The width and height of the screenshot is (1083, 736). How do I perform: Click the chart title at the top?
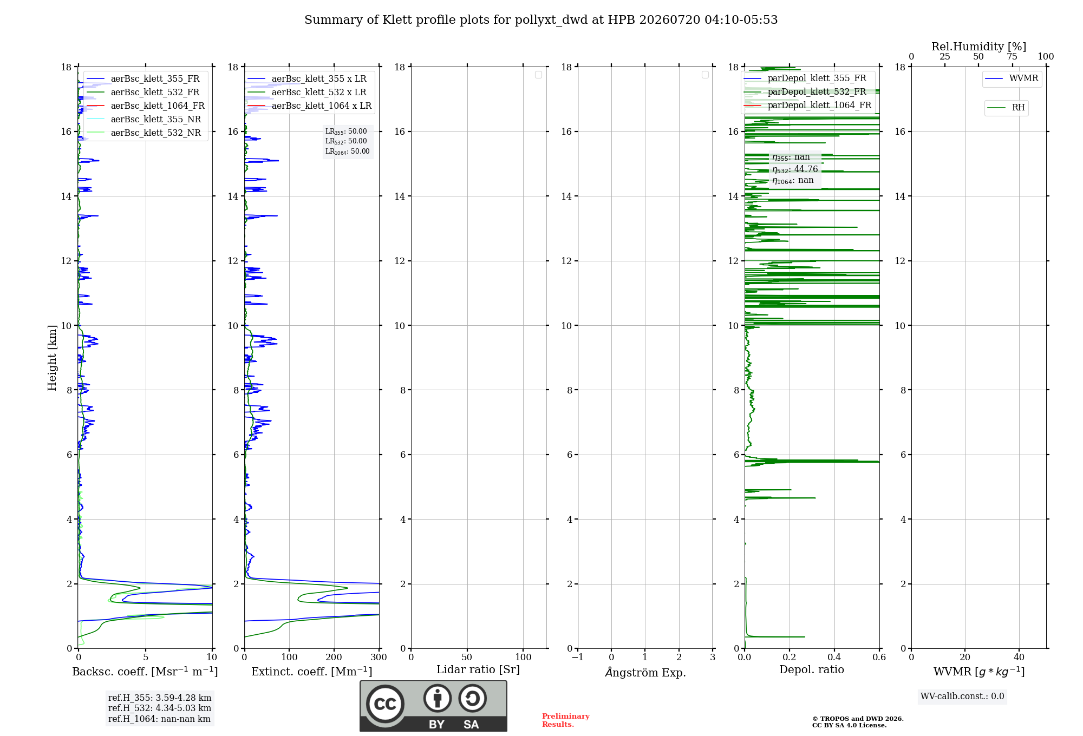click(541, 20)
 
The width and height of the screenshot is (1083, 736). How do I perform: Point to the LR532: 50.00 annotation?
click(346, 141)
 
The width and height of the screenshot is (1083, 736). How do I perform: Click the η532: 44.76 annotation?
click(795, 169)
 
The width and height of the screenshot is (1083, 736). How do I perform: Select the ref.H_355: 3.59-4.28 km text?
click(160, 698)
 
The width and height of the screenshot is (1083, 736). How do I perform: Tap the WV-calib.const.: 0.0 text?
click(962, 696)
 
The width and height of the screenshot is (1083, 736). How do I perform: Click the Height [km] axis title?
click(52, 358)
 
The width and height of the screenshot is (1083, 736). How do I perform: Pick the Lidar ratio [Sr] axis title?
click(478, 669)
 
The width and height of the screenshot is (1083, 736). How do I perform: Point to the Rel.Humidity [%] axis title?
click(979, 47)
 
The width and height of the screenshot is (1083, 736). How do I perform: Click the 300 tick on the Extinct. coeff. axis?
click(379, 657)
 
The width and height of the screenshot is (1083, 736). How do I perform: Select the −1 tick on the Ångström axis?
click(578, 657)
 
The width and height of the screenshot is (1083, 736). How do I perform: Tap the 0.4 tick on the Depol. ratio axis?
click(834, 657)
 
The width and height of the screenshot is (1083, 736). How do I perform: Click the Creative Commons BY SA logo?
click(433, 706)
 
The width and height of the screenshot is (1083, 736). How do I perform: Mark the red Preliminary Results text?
click(566, 720)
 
